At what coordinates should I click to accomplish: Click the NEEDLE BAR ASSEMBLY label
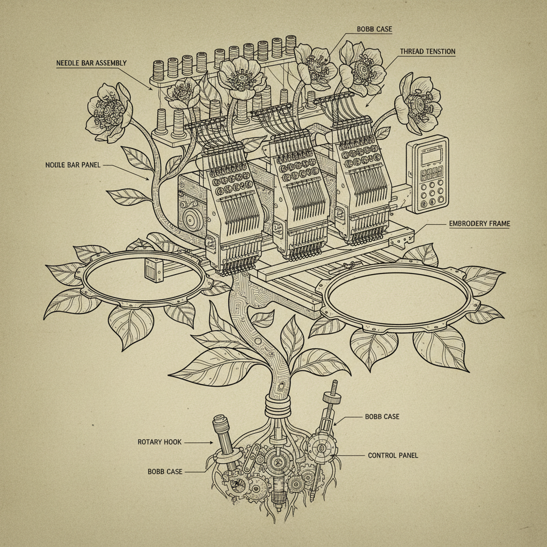(x=91, y=63)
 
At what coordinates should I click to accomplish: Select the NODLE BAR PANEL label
(x=73, y=165)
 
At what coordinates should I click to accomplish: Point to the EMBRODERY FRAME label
(x=480, y=224)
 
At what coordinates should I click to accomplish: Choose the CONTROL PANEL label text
(x=393, y=455)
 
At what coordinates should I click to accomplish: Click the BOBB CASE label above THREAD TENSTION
(x=374, y=29)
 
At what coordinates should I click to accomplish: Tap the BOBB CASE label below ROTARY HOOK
(x=165, y=472)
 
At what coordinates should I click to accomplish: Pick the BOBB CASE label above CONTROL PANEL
(x=382, y=417)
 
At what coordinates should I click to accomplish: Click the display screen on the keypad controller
(x=431, y=157)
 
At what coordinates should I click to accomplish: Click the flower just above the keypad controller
(x=418, y=103)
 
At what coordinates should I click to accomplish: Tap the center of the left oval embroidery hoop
(x=144, y=278)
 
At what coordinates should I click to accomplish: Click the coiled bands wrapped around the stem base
(x=278, y=405)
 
